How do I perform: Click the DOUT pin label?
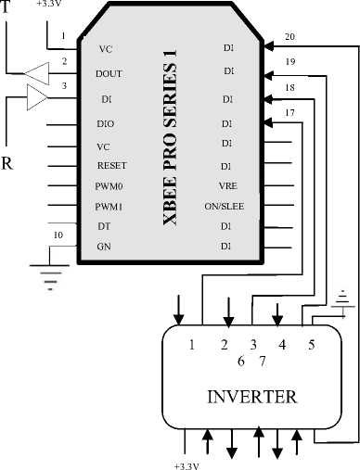pyautogui.click(x=109, y=74)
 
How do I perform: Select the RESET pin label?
pyautogui.click(x=112, y=166)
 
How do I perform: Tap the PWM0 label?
pyautogui.click(x=109, y=186)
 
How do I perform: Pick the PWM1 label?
pyautogui.click(x=109, y=207)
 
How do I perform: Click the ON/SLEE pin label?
pyautogui.click(x=225, y=207)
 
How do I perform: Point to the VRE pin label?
pyautogui.click(x=228, y=186)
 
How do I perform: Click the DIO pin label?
pyautogui.click(x=106, y=123)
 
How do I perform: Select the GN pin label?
pyautogui.click(x=104, y=247)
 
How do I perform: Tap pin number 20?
pyautogui.click(x=289, y=37)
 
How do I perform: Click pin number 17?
pyautogui.click(x=289, y=113)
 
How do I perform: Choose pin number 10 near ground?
pyautogui.click(x=58, y=235)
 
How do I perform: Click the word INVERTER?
pyautogui.click(x=252, y=397)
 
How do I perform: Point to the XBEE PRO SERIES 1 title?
pyautogui.click(x=170, y=137)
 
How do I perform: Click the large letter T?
pyautogui.click(x=6, y=6)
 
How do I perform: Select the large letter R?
pyautogui.click(x=6, y=163)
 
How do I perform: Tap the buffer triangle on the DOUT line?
pyautogui.click(x=36, y=73)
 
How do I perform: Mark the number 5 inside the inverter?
pyautogui.click(x=311, y=345)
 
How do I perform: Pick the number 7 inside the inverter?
pyautogui.click(x=263, y=361)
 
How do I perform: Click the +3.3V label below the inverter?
pyautogui.click(x=186, y=466)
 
